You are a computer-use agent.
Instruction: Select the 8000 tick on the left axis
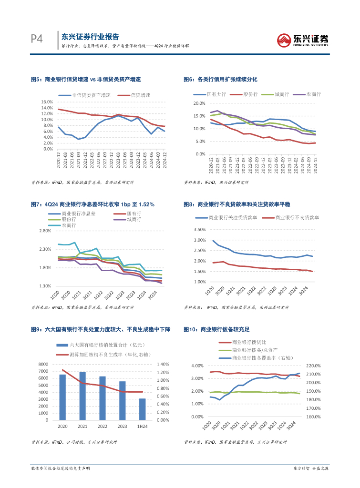coord(42,364)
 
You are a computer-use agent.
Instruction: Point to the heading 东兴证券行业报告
coord(90,37)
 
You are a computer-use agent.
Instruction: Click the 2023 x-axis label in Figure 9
coord(123,426)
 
